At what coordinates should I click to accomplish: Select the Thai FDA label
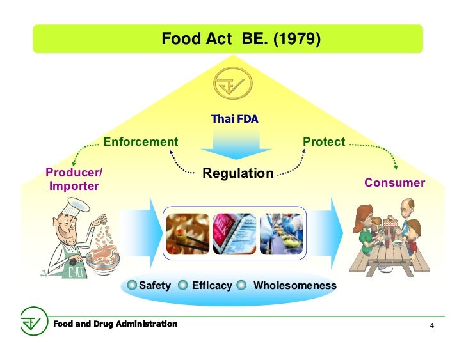234,119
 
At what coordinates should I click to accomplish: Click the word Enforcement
140,141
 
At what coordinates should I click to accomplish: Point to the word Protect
324,142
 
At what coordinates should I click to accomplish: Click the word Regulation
237,173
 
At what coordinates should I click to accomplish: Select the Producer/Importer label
74,180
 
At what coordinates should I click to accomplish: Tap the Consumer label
394,183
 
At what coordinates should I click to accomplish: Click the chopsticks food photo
188,233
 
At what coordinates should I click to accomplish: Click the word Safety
155,285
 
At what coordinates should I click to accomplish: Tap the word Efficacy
212,285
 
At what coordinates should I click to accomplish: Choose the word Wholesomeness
294,285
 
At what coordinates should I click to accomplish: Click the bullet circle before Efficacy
182,285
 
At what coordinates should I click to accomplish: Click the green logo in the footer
31,322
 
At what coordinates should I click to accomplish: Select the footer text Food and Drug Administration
115,324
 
